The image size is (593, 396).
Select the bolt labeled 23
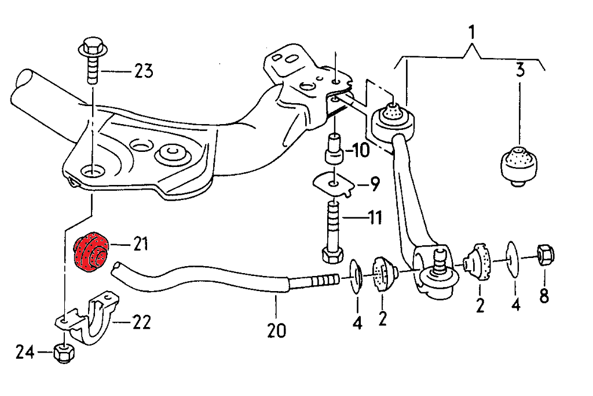pos(93,64)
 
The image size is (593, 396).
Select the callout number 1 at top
pos(473,31)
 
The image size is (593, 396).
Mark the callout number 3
pos(519,71)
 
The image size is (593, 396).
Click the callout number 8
pos(544,296)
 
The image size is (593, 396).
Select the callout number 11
pos(376,219)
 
